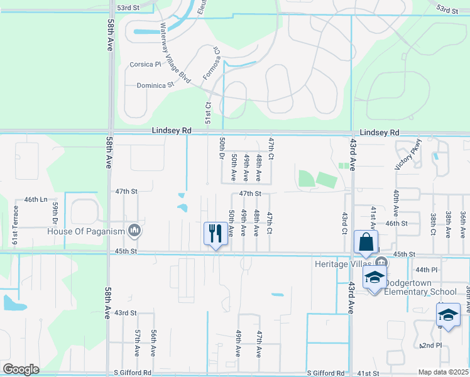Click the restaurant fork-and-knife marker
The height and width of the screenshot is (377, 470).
coord(216,234)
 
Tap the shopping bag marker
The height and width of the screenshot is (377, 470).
coord(366,243)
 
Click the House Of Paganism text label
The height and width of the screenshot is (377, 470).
coord(86,231)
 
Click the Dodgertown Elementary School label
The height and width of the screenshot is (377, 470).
coord(420,287)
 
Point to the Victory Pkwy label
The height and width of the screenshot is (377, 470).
coord(406,157)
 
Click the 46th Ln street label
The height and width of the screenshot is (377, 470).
coord(36,199)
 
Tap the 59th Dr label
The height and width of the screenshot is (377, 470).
coord(55,213)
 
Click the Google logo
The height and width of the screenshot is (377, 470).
coord(21,369)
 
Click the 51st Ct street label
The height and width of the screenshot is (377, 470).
coord(207,114)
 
